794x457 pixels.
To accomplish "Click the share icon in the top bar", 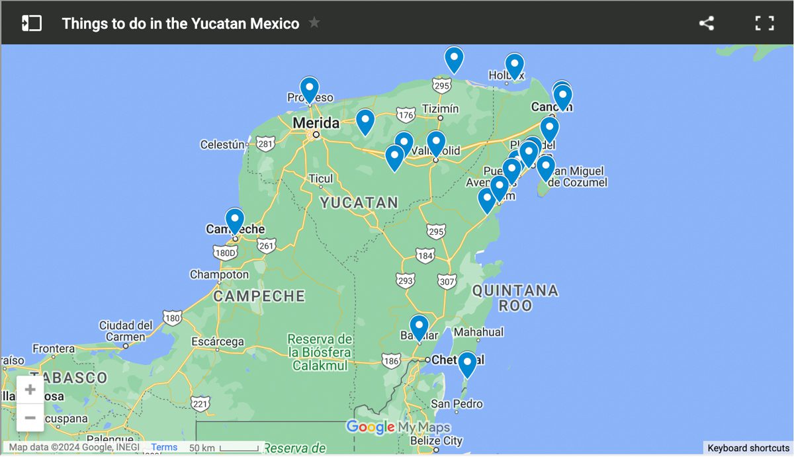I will pyautogui.click(x=706, y=23).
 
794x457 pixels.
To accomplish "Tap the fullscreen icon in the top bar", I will pyautogui.click(x=764, y=23).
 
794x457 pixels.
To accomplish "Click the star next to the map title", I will pyautogui.click(x=314, y=23).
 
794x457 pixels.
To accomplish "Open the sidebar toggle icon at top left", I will pyautogui.click(x=31, y=23).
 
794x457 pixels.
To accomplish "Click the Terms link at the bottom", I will pyautogui.click(x=164, y=447).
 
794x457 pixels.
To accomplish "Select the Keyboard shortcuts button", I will pyautogui.click(x=748, y=448).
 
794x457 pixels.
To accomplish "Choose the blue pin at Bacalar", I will pyautogui.click(x=419, y=326).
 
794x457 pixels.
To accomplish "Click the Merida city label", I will pyautogui.click(x=316, y=123).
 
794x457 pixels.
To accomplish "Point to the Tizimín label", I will pyautogui.click(x=440, y=108).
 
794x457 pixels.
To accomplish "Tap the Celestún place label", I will pyautogui.click(x=223, y=145).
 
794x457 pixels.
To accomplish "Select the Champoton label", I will pyautogui.click(x=219, y=274).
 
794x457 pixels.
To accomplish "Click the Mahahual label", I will pyautogui.click(x=479, y=332).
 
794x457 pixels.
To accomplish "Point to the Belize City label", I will pyautogui.click(x=435, y=440).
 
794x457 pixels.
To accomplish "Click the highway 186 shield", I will pyautogui.click(x=390, y=361).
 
